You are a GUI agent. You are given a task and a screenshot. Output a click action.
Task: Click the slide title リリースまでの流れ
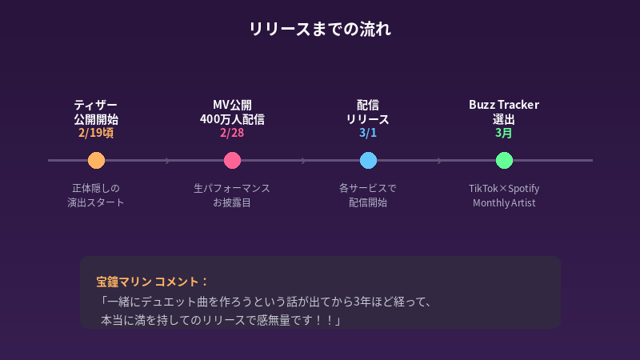tap(320, 30)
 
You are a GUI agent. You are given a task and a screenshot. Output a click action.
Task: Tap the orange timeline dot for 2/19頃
tap(96, 160)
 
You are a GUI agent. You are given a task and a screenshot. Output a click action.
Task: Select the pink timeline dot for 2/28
tap(232, 160)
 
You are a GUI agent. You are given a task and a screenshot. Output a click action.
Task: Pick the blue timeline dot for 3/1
tap(368, 160)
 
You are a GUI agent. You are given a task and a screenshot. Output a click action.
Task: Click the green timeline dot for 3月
tap(504, 160)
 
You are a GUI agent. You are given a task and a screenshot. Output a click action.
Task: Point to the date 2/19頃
tap(96, 133)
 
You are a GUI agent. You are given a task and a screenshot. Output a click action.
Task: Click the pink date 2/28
tap(232, 133)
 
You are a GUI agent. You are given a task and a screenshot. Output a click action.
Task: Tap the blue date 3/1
tap(368, 133)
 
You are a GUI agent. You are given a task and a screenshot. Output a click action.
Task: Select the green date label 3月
tap(504, 133)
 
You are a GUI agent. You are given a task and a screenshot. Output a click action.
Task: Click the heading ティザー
tap(96, 105)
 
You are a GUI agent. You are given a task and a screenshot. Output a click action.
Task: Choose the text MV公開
tap(232, 105)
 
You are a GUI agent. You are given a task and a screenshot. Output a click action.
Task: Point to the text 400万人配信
tap(232, 119)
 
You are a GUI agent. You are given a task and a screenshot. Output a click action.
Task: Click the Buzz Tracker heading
tap(504, 105)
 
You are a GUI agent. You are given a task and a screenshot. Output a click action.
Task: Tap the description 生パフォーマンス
tap(232, 188)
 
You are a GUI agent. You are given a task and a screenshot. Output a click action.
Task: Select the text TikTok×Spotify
tap(504, 188)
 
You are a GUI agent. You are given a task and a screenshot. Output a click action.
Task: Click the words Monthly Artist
tap(504, 202)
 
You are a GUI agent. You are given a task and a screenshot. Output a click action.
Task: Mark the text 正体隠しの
tap(96, 188)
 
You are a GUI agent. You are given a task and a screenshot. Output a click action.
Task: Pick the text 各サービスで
tap(368, 188)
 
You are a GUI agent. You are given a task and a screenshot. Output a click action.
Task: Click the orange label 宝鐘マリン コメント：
tap(152, 282)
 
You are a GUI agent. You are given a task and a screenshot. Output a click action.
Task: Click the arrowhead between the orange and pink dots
tap(167, 160)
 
